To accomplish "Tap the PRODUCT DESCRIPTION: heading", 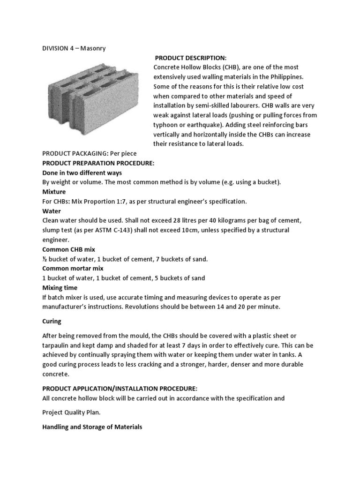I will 191,58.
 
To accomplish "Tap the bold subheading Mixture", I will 54,192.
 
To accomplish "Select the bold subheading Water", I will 52,211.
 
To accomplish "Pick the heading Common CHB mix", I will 68,249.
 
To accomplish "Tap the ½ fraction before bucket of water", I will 45,259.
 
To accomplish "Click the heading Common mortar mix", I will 73,269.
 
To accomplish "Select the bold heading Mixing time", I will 60,288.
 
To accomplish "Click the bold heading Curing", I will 52,322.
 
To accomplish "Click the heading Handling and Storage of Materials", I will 92,427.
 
